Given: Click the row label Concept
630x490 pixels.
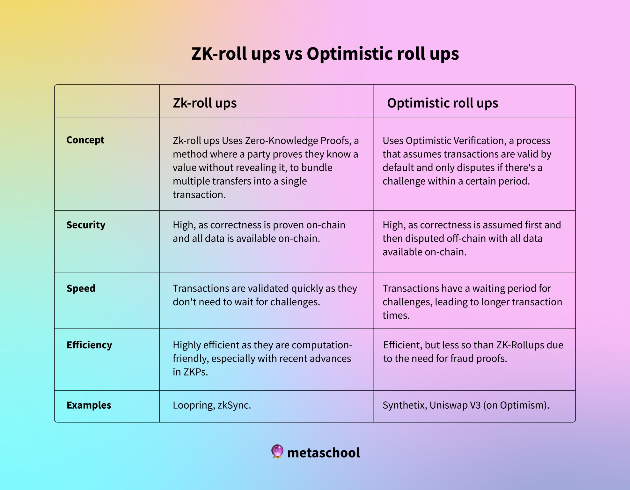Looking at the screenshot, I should pyautogui.click(x=85, y=140).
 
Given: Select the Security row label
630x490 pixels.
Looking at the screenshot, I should pyautogui.click(x=86, y=225).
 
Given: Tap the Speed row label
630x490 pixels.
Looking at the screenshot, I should pyautogui.click(x=81, y=288).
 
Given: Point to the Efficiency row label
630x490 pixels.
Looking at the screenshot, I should pyautogui.click(x=89, y=345).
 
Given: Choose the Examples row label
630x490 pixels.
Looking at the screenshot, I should pyautogui.click(x=89, y=405).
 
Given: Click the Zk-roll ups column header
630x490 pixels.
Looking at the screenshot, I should pyautogui.click(x=205, y=103).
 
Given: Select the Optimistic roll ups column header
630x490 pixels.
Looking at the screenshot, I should pyautogui.click(x=443, y=103).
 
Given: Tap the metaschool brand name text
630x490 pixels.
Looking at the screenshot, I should pyautogui.click(x=323, y=453).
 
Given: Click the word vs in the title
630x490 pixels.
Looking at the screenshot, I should pyautogui.click(x=293, y=54).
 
